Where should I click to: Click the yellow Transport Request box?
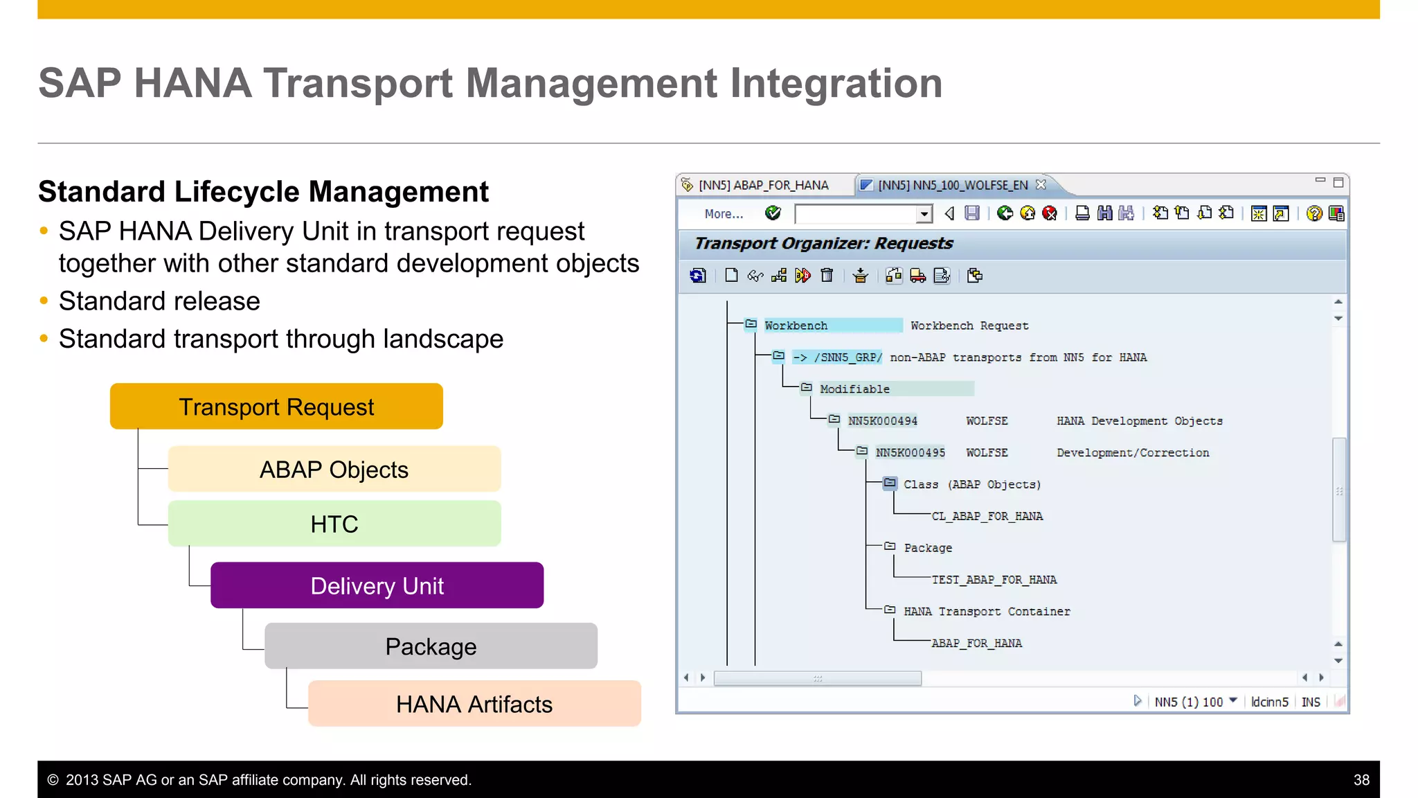[x=276, y=407]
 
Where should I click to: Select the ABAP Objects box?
[x=334, y=469]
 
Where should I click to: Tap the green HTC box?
[x=334, y=524]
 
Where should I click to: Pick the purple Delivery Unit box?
[x=377, y=585]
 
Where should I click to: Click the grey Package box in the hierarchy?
[x=431, y=646]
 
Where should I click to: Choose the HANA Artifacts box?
[x=474, y=704]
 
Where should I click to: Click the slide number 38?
[x=1361, y=780]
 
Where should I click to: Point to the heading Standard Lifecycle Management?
[x=263, y=192]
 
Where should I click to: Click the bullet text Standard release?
[x=159, y=301]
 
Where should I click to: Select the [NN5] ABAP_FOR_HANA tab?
[x=763, y=185]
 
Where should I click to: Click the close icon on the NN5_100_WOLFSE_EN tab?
[x=1041, y=184]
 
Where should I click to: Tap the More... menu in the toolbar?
[x=724, y=214]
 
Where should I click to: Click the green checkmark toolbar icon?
[x=773, y=213]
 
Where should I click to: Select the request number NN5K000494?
[x=882, y=420]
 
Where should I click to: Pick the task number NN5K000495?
[x=910, y=452]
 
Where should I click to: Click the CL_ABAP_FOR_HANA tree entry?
[x=987, y=516]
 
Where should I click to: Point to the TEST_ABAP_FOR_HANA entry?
[x=994, y=580]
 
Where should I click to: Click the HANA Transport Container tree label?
[x=987, y=612]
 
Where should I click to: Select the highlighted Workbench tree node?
[x=796, y=326]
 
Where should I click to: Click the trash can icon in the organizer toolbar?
[x=827, y=276]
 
